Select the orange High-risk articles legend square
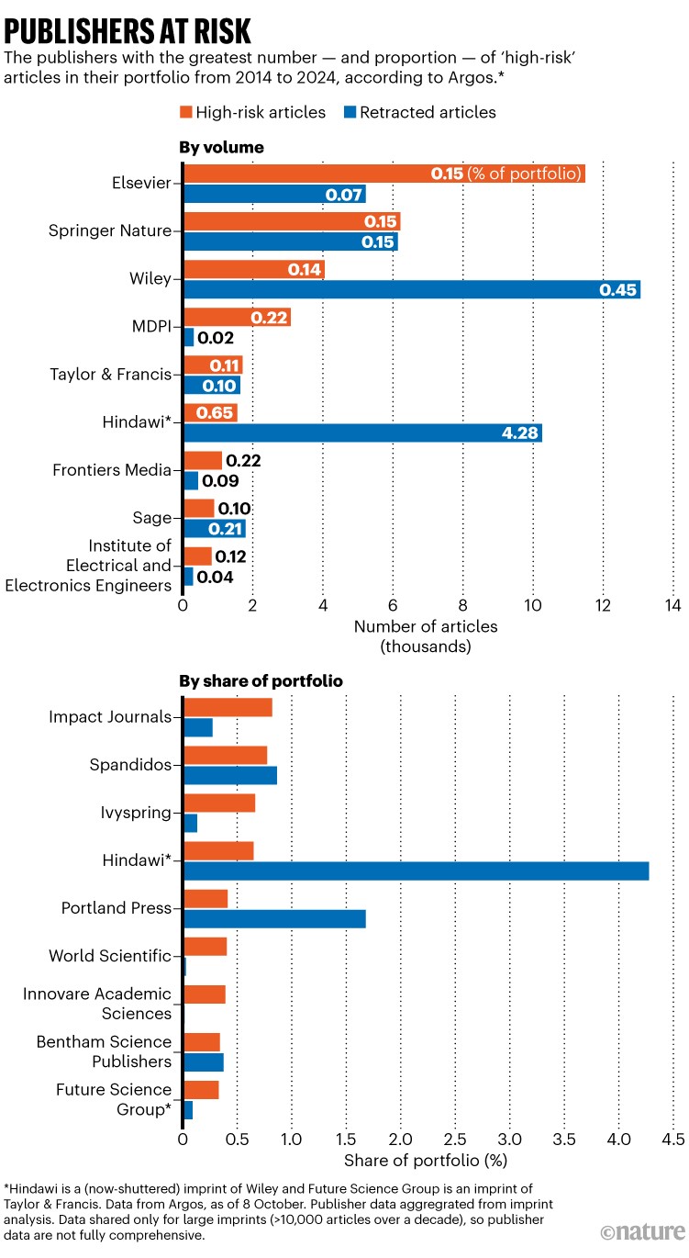tap(183, 113)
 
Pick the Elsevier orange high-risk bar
tap(384, 174)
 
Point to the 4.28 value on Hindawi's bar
tap(519, 433)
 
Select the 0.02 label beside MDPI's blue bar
tap(216, 338)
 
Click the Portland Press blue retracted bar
tap(275, 919)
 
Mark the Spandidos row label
tap(130, 764)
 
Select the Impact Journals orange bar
tap(228, 707)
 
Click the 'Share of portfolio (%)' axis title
tap(426, 1160)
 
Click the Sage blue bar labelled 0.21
tap(215, 529)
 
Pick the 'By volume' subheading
tap(221, 146)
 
